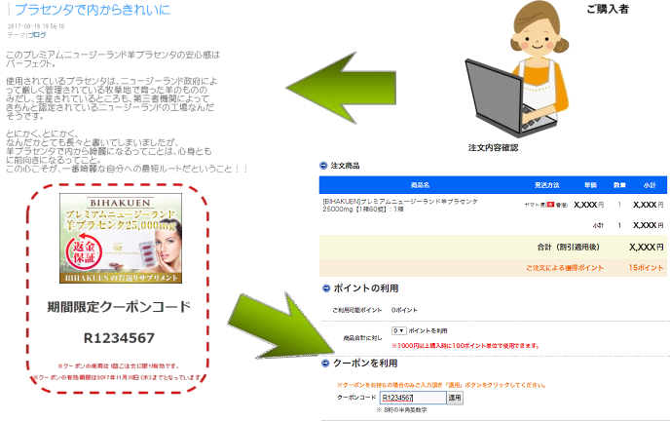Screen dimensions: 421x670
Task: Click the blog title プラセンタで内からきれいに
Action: (x=92, y=10)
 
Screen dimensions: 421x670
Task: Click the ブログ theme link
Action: (x=38, y=34)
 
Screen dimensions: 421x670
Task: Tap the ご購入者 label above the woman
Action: (x=608, y=9)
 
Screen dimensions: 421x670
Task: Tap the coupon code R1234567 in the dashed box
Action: (x=119, y=337)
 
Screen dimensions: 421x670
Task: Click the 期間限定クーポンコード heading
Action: (x=119, y=307)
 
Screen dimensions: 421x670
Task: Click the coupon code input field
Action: (x=412, y=398)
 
